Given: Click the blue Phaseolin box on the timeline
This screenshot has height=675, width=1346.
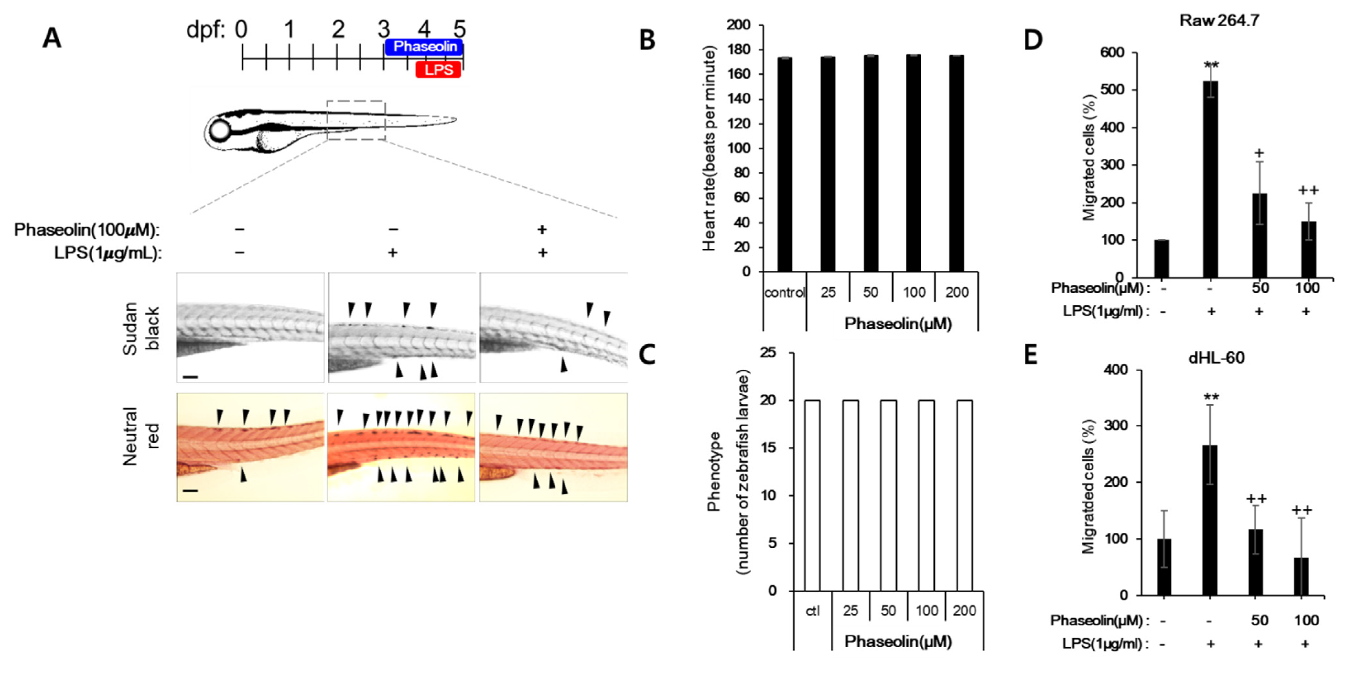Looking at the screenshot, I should click(424, 47).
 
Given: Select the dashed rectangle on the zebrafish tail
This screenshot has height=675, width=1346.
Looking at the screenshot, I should click(356, 120).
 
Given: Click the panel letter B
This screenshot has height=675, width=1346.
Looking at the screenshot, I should click(647, 40).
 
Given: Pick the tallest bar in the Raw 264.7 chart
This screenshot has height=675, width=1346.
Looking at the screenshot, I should click(1210, 179).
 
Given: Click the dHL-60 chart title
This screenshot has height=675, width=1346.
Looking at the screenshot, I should click(1216, 358).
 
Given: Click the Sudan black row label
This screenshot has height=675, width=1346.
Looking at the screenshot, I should click(140, 328).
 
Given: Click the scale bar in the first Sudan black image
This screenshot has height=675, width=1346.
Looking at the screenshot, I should click(190, 376).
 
